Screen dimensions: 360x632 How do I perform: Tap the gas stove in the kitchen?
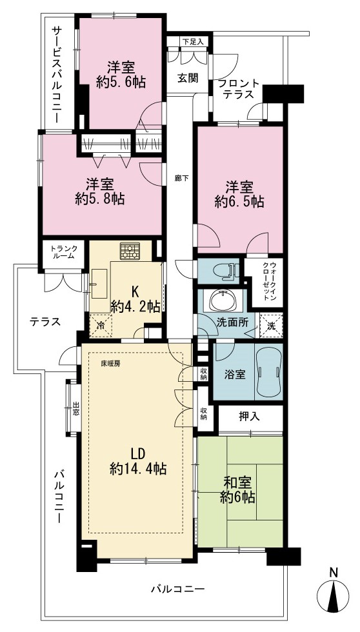click(130, 251)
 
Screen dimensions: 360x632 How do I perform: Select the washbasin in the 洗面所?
click(222, 301)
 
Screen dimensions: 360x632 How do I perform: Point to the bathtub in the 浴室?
click(268, 371)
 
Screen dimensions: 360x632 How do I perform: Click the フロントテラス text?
click(238, 89)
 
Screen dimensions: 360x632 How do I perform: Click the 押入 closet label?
click(249, 418)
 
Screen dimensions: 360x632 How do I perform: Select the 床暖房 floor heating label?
click(110, 362)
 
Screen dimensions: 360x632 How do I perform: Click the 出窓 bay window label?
click(76, 409)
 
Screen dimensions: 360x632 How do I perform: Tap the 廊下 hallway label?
click(179, 177)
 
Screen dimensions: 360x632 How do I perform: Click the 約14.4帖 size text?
click(138, 468)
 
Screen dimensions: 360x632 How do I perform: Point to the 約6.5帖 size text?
click(239, 201)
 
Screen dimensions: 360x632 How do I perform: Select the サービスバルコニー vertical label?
click(55, 74)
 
